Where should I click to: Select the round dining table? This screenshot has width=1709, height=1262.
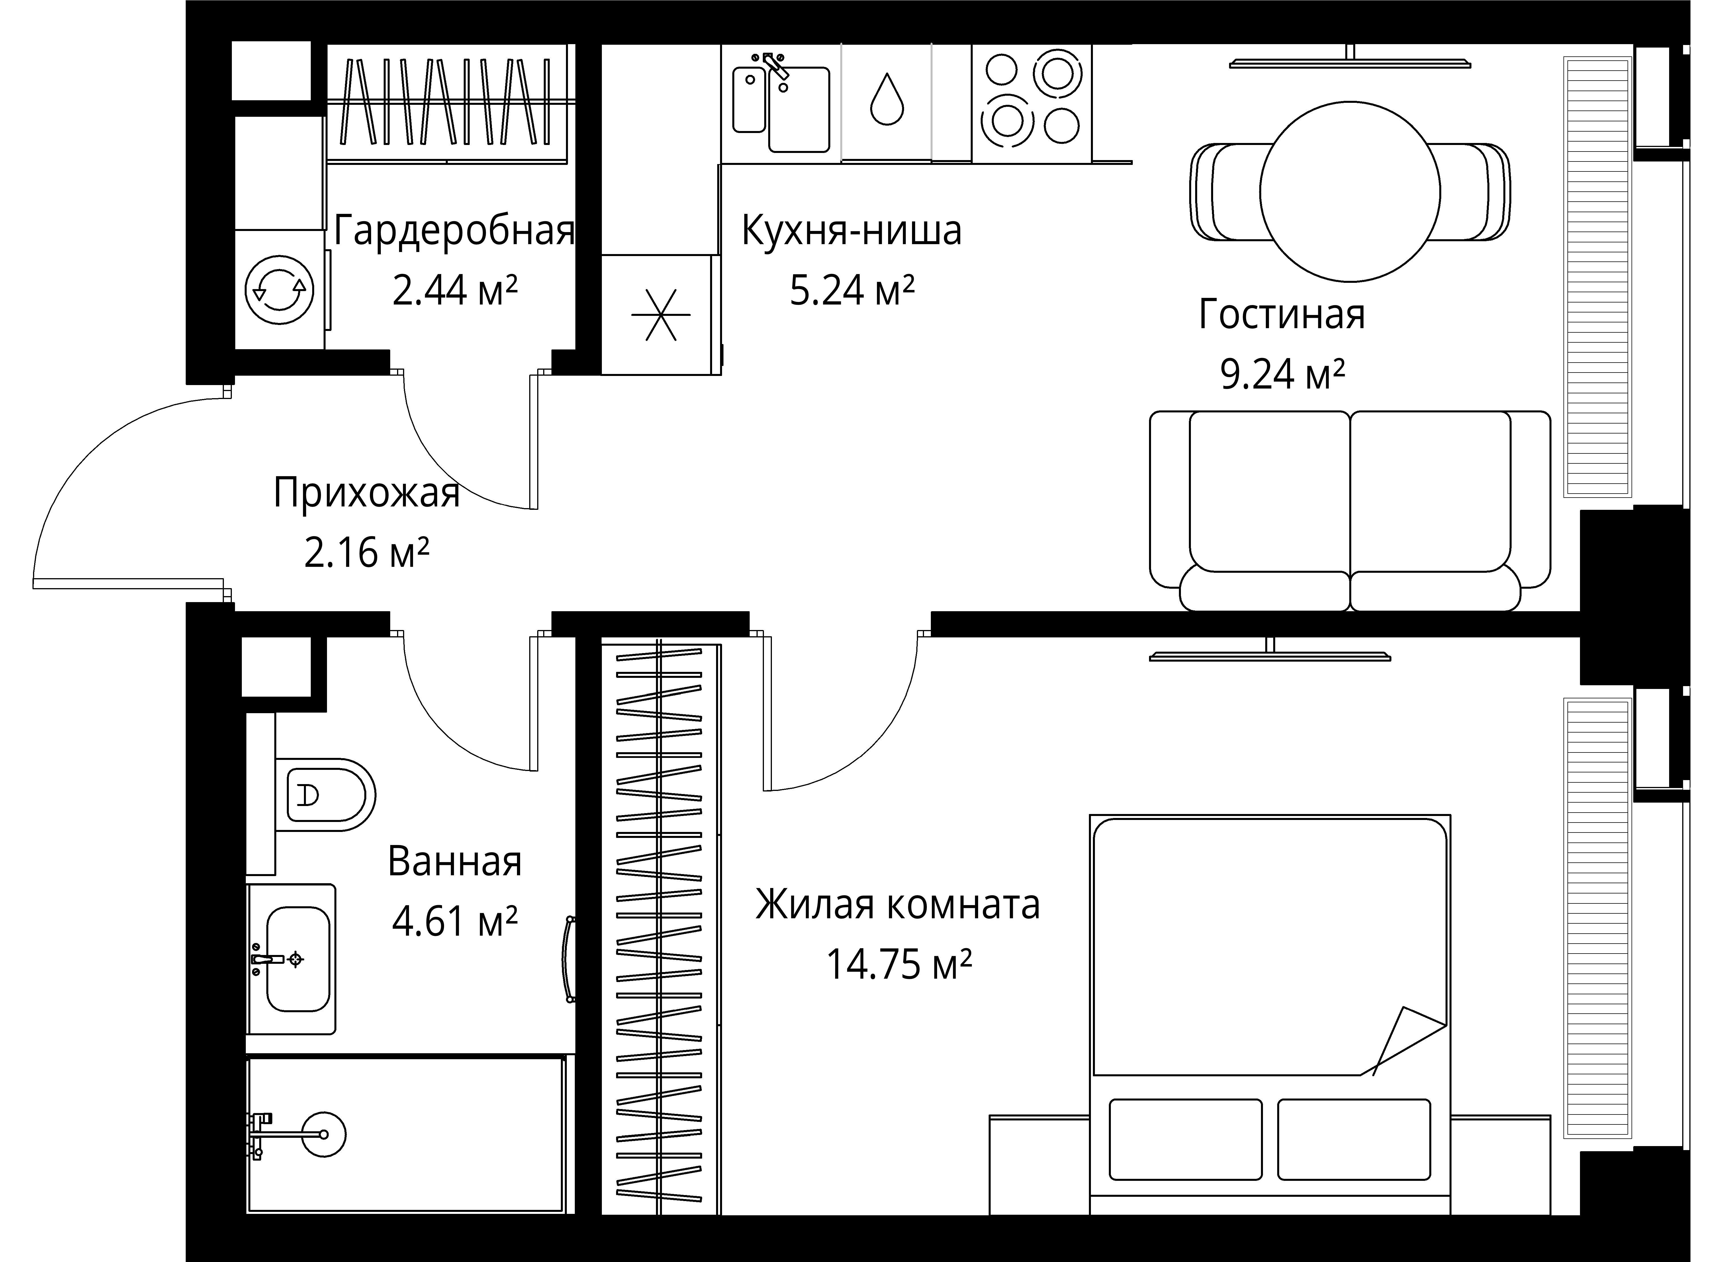click(1350, 192)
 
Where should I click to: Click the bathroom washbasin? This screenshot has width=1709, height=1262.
click(298, 959)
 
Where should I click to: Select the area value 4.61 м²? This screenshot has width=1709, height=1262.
click(455, 921)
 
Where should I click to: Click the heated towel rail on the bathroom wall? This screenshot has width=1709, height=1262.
click(569, 959)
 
